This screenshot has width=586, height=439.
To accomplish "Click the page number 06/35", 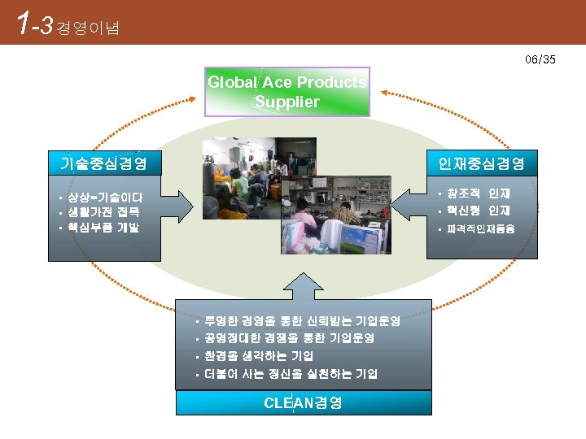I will tap(540, 59).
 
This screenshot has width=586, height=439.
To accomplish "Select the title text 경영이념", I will tap(89, 28).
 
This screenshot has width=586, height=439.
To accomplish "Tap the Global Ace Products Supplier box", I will tap(286, 92).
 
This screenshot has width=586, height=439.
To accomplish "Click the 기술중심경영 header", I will tap(103, 163).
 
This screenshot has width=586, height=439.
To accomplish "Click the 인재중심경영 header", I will tap(481, 163).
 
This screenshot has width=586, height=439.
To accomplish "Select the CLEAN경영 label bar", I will tap(304, 402).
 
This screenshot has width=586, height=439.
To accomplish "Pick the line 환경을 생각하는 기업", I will tap(259, 356).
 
